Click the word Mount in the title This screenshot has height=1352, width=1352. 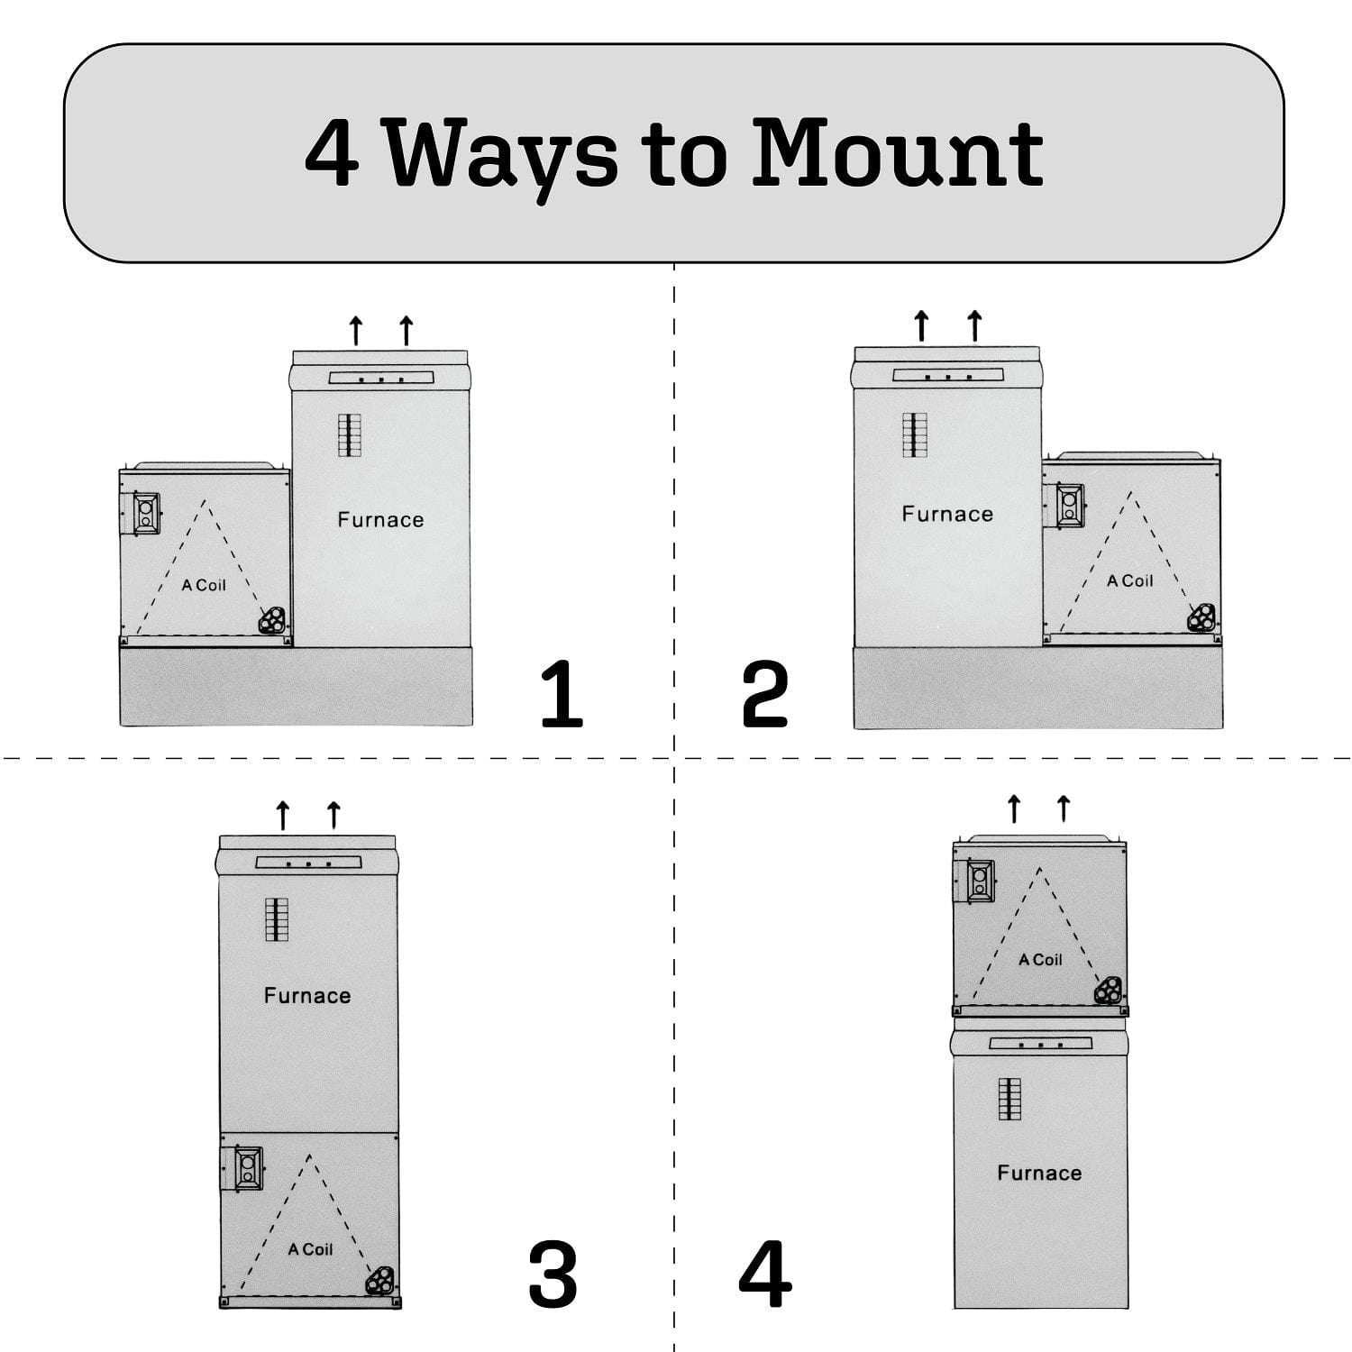click(x=897, y=154)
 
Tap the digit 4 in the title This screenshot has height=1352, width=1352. click(x=332, y=154)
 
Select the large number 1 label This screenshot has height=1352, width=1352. click(x=561, y=694)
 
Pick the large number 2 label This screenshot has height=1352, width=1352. click(x=764, y=694)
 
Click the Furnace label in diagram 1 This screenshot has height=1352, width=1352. click(x=380, y=520)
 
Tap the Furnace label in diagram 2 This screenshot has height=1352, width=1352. click(x=947, y=515)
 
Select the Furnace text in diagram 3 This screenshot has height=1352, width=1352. click(x=307, y=996)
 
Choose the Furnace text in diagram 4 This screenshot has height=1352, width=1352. click(x=1039, y=1174)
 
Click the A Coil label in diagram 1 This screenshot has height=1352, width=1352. click(x=204, y=586)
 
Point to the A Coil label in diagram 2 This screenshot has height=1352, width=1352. click(x=1129, y=581)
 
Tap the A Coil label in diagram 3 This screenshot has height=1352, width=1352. click(x=310, y=1249)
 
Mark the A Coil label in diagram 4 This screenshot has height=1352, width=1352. click(x=1040, y=960)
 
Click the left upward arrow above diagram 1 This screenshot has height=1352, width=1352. click(x=356, y=331)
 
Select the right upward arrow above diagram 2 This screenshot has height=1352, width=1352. click(x=975, y=325)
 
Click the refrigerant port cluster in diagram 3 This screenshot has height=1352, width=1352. click(x=379, y=1279)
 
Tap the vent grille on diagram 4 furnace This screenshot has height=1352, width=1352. click(x=1009, y=1099)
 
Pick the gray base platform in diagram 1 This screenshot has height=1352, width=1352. click(x=296, y=686)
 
